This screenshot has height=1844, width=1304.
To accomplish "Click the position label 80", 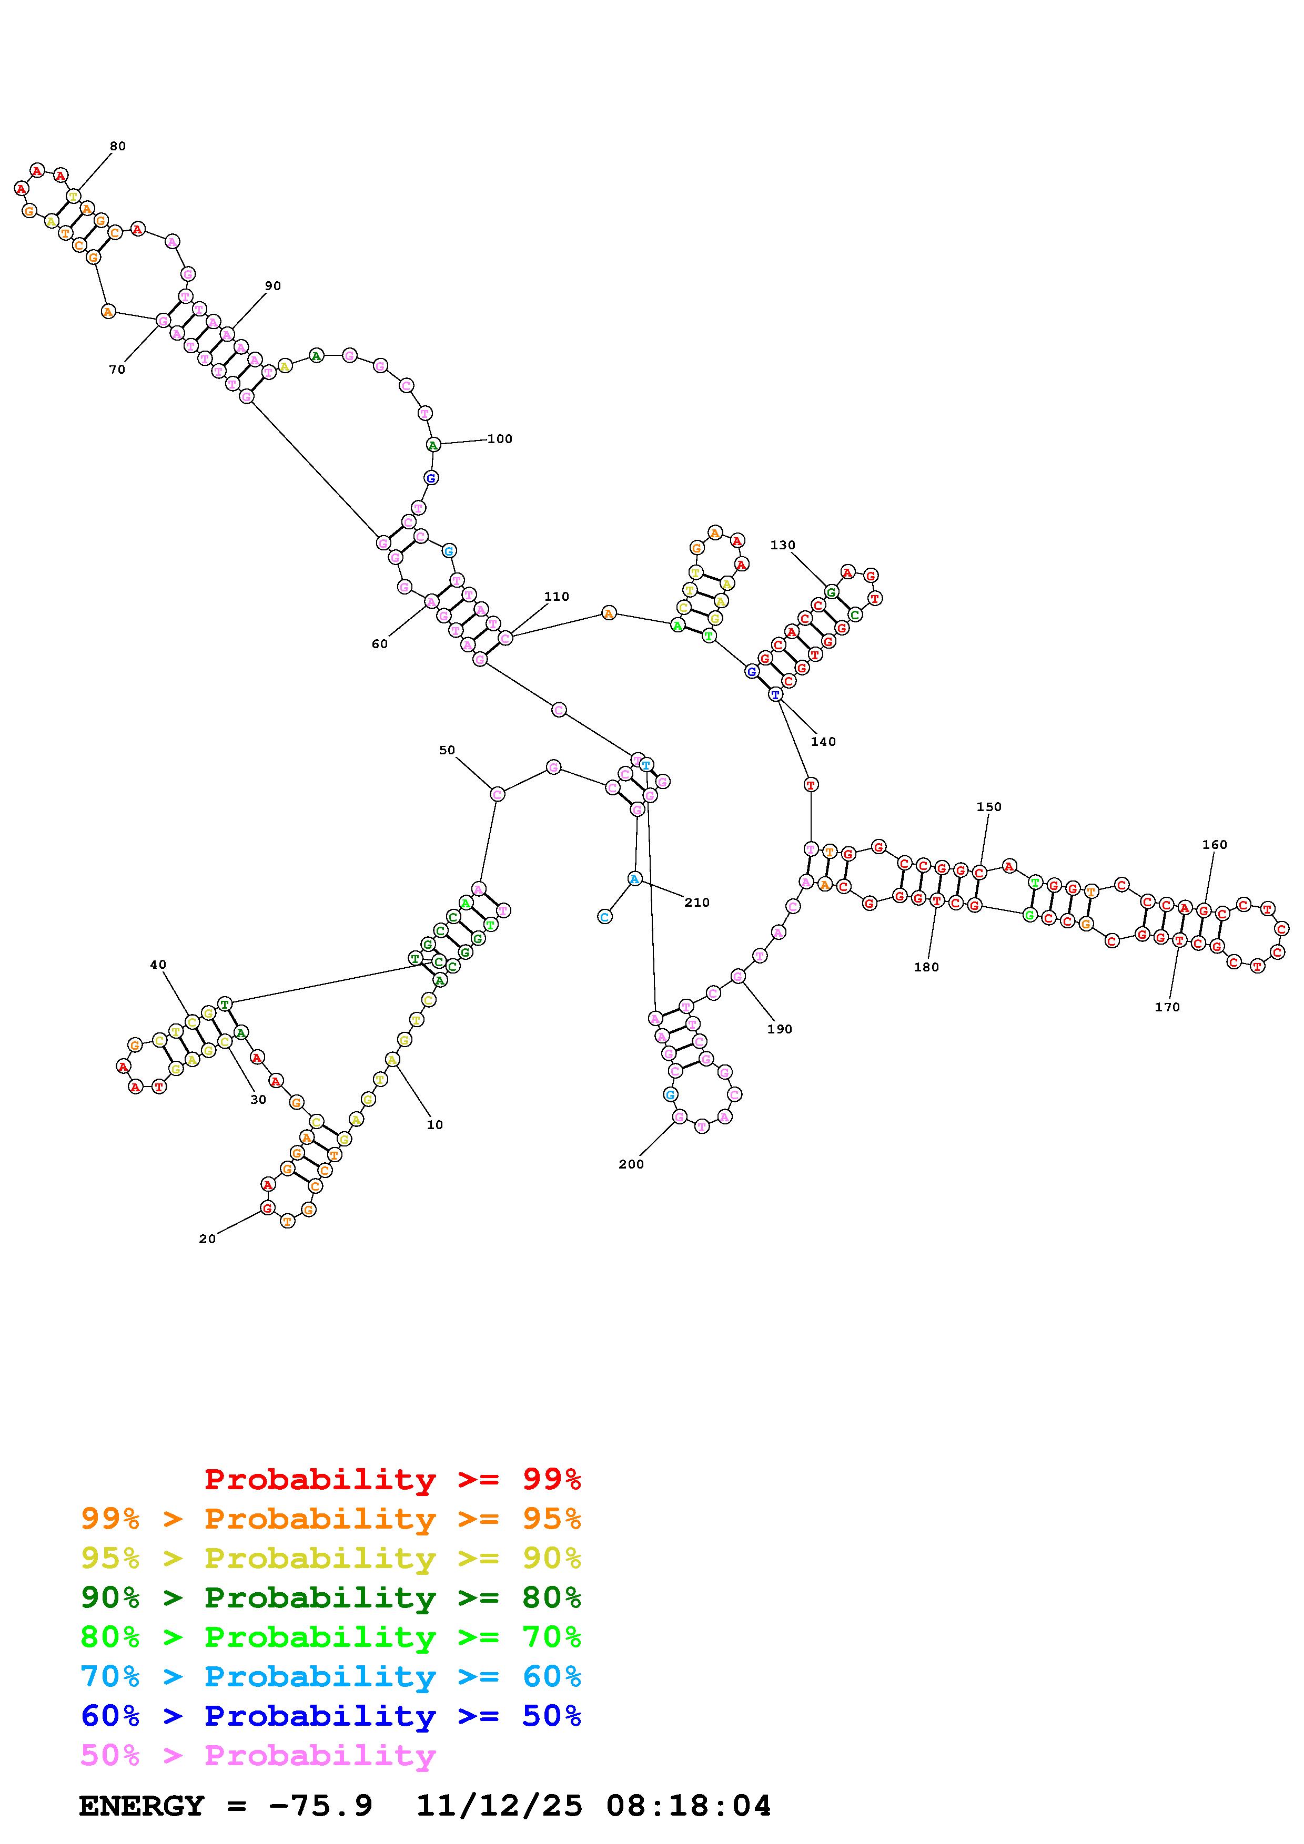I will (x=118, y=146).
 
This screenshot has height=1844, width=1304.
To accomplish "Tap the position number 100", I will (x=500, y=438).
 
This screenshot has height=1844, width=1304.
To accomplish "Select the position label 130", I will (x=783, y=545).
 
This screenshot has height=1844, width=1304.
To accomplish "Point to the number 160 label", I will (x=1214, y=844).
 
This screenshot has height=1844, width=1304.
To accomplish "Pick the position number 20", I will (x=207, y=1238).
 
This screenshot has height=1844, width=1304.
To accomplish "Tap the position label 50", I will (x=447, y=750).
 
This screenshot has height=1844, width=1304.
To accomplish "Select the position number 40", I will (x=158, y=965).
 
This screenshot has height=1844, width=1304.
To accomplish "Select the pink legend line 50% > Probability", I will (x=257, y=1755).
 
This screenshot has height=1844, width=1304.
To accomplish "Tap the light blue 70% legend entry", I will (x=330, y=1676).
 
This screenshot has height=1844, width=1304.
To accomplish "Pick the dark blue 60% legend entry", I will (x=330, y=1716).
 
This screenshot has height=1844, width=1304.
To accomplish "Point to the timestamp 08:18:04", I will (x=689, y=1806).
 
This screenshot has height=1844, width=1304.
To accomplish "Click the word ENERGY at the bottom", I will (x=141, y=1806).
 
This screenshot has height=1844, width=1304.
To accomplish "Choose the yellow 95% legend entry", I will (x=330, y=1558).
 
